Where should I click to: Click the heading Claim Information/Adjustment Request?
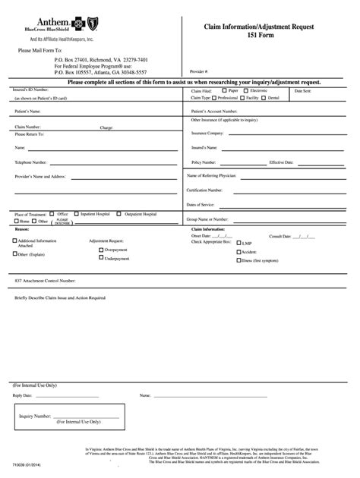251,27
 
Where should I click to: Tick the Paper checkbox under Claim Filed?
226,90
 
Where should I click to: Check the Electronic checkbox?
248,90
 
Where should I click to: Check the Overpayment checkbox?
101,249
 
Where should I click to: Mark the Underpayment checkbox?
101,258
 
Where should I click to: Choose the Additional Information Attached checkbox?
14,241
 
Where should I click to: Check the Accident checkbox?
238,252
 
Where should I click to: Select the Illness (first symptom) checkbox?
238,260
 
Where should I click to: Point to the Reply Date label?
24,395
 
